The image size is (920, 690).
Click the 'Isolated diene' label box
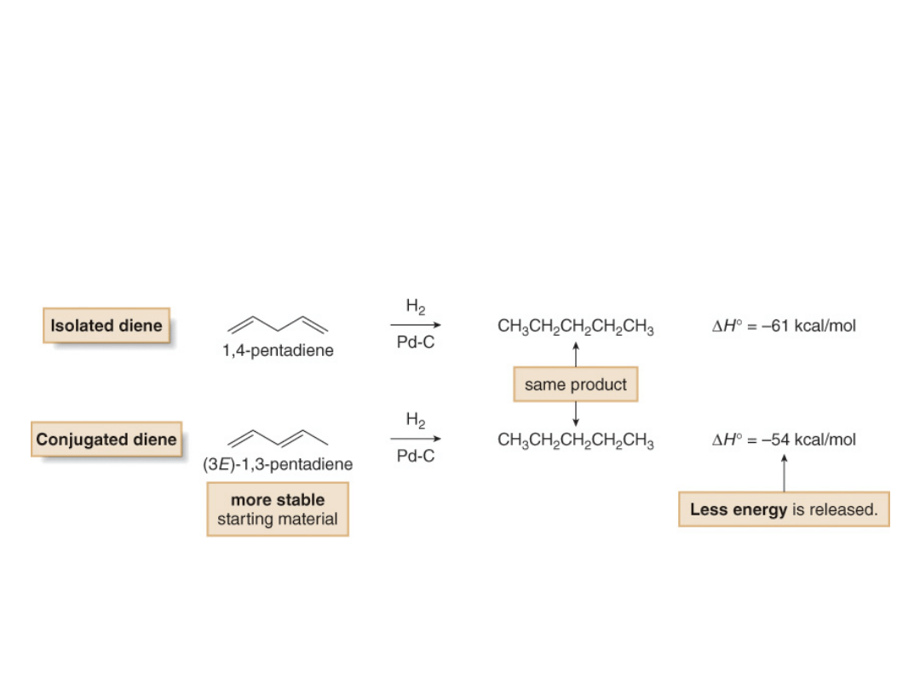(106, 325)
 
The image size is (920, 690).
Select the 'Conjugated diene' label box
(106, 440)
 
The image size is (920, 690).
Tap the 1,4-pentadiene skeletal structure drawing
(278, 325)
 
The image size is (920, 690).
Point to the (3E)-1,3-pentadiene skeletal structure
(278, 438)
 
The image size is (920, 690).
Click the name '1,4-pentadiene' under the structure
(278, 351)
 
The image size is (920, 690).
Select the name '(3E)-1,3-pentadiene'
(278, 465)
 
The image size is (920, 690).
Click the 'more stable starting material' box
(278, 509)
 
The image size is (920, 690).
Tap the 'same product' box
(576, 385)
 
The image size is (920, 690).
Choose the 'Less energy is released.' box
(784, 509)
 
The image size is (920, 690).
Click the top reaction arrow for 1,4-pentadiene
(416, 325)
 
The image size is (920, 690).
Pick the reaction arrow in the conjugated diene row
(416, 439)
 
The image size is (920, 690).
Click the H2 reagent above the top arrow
(416, 307)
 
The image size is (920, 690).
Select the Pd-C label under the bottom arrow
(416, 457)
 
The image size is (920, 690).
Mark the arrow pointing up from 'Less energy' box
(784, 473)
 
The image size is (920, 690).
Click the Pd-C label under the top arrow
(416, 342)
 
